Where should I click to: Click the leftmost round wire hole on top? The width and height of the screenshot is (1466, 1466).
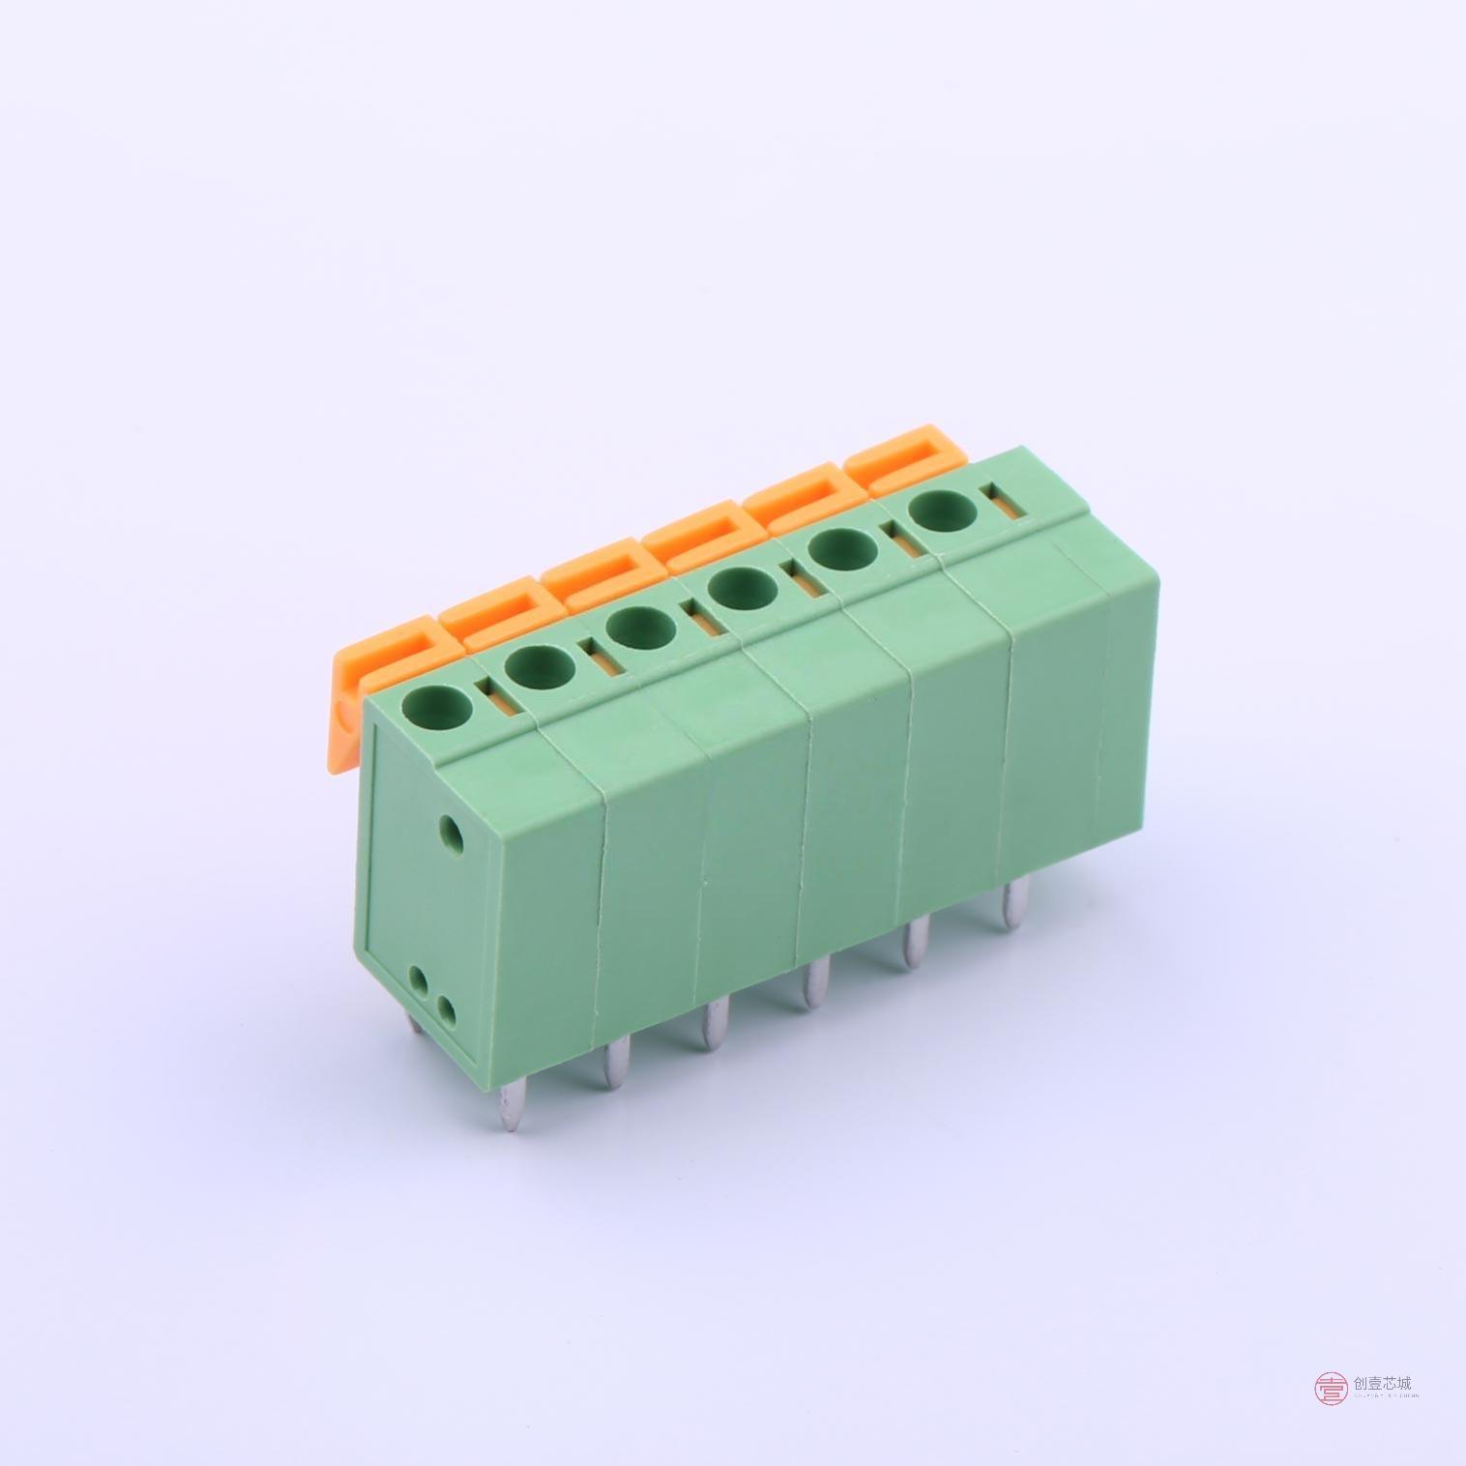[439, 705]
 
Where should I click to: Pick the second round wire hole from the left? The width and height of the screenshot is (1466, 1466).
[539, 665]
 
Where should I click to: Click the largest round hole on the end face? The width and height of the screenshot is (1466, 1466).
[451, 829]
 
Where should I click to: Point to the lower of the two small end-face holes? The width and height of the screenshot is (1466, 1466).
[447, 1011]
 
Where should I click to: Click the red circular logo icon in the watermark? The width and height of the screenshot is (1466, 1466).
[1331, 1389]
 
